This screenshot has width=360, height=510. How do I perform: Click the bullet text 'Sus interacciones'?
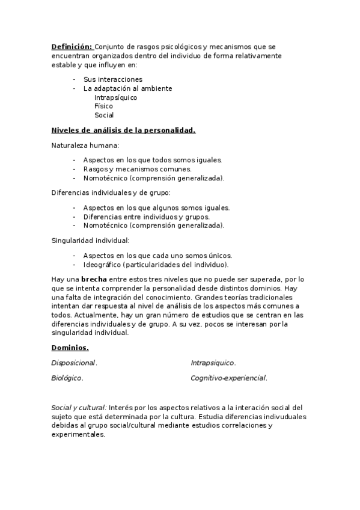(113, 79)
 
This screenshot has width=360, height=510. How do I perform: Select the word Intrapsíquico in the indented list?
(116, 97)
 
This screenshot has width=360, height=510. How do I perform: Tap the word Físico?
(103, 106)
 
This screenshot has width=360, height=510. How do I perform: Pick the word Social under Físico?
(104, 115)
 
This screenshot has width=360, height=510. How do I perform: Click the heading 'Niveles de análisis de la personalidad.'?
(123, 131)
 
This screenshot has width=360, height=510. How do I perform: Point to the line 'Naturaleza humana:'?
(85, 146)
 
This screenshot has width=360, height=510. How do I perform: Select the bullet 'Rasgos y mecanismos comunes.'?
(138, 169)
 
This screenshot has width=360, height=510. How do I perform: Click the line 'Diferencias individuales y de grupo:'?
(111, 192)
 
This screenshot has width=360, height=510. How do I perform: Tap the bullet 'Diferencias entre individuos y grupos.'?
(147, 217)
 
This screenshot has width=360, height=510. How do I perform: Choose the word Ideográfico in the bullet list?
(102, 265)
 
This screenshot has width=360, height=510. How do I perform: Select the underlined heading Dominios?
(70, 348)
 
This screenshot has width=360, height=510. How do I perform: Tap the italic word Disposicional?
(74, 363)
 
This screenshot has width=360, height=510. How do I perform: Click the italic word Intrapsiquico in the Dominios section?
(213, 363)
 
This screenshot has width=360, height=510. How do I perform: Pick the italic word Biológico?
(67, 378)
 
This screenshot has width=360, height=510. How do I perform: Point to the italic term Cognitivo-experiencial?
(228, 378)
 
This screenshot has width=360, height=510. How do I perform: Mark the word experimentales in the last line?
(78, 435)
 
